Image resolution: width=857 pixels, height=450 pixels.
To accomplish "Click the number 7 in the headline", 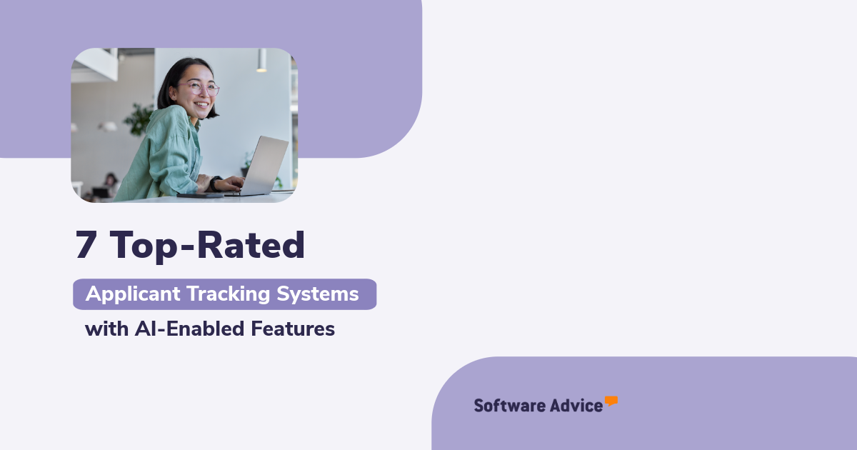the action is pos(86,245).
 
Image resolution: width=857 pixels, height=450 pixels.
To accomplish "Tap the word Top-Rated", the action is pos(207,246).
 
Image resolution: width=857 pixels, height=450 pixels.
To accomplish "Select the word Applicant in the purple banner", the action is pos(133,294).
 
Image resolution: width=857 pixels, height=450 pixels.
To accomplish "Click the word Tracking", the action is pos(229,294).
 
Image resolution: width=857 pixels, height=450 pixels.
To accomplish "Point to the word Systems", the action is pos(318,294).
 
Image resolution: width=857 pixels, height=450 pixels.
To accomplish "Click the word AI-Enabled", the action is pos(189,329).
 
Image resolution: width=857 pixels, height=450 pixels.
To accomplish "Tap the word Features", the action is pos(293,329).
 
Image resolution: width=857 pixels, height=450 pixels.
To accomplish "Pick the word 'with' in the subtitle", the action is pos(106,329).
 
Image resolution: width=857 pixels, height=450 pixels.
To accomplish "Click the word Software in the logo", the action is pos(509,406).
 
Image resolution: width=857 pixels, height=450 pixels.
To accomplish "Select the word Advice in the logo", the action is pos(576,406).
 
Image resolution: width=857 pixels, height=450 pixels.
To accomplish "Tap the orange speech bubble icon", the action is pos(611,401).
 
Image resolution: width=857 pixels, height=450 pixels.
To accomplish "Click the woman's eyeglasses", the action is pos(201,89).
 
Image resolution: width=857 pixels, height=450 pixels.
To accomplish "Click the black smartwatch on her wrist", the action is pos(216,184).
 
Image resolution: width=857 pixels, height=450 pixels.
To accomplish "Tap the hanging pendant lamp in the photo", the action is pos(261,61).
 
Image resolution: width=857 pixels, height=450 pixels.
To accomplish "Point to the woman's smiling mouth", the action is pos(201,104).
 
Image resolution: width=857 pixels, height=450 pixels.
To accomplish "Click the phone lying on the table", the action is pos(200,196).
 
